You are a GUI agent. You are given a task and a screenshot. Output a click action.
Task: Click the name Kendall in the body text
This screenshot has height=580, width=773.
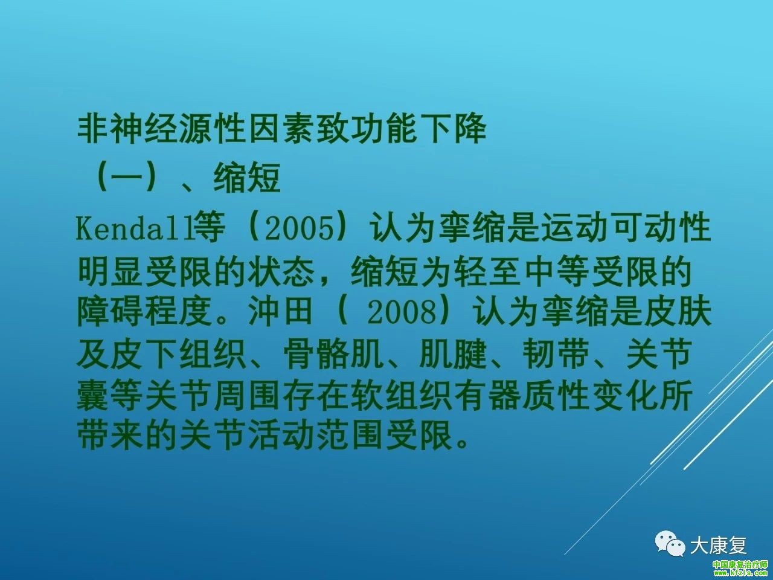pyautogui.click(x=135, y=228)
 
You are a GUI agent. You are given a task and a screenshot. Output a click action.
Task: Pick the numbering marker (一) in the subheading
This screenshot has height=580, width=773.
pyautogui.click(x=127, y=178)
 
